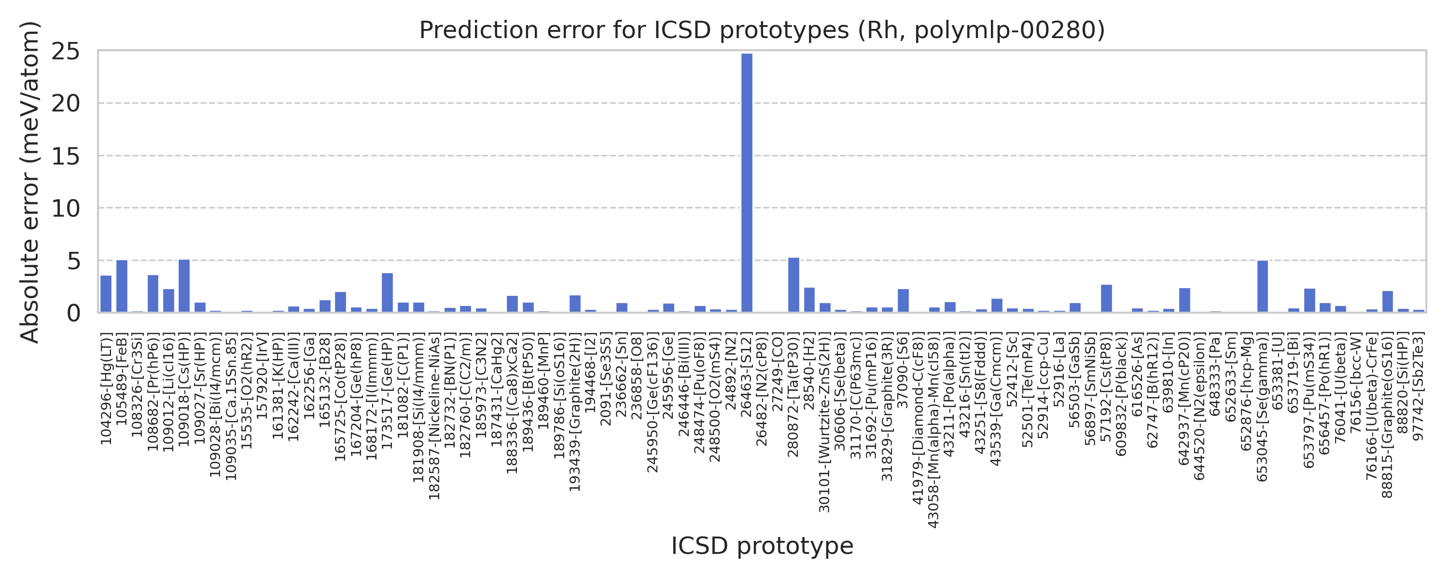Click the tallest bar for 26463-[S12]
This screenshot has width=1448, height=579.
pos(747,183)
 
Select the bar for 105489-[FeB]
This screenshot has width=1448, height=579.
pos(122,286)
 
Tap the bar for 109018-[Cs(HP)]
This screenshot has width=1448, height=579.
pos(184,286)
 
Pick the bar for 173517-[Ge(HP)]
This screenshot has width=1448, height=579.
pos(387,292)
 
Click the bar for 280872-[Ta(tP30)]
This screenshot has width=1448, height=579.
pos(794,285)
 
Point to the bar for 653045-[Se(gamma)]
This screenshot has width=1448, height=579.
pos(1263,286)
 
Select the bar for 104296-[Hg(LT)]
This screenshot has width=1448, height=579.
pos(106,294)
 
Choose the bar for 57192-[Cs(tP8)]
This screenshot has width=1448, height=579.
pos(1106,299)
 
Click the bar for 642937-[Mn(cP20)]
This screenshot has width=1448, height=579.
pos(1184,300)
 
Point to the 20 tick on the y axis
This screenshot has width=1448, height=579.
pos(66,103)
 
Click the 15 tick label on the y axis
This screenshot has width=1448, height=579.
pos(66,156)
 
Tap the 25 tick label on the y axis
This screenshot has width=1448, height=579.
pos(66,52)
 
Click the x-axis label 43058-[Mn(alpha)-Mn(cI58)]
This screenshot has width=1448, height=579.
pos(933,430)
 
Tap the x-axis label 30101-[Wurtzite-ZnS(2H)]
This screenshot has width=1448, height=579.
pos(824,423)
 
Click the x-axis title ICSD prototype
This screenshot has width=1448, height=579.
pos(762,546)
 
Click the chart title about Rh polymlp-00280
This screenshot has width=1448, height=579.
pos(762,30)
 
